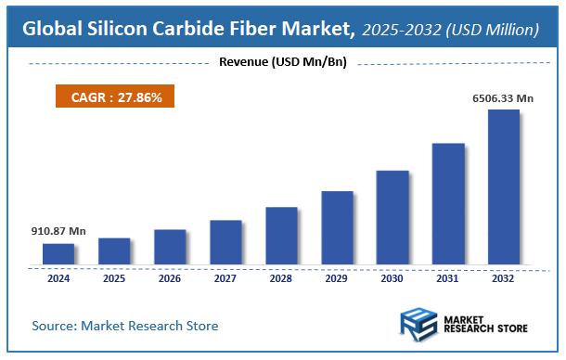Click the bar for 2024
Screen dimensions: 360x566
tap(58, 253)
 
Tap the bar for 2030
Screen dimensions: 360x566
tap(392, 217)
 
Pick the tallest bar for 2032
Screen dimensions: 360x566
tap(504, 186)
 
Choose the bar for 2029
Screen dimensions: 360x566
tap(337, 227)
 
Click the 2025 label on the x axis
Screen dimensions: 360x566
tap(114, 277)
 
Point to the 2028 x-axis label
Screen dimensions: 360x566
tap(281, 277)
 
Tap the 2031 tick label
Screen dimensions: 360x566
tap(448, 277)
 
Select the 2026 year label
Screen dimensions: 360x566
tap(170, 277)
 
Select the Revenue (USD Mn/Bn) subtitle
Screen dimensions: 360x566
tap(283, 62)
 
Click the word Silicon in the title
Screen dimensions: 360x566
tap(117, 30)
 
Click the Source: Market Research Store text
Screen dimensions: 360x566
tap(125, 326)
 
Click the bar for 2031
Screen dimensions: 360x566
tap(448, 203)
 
